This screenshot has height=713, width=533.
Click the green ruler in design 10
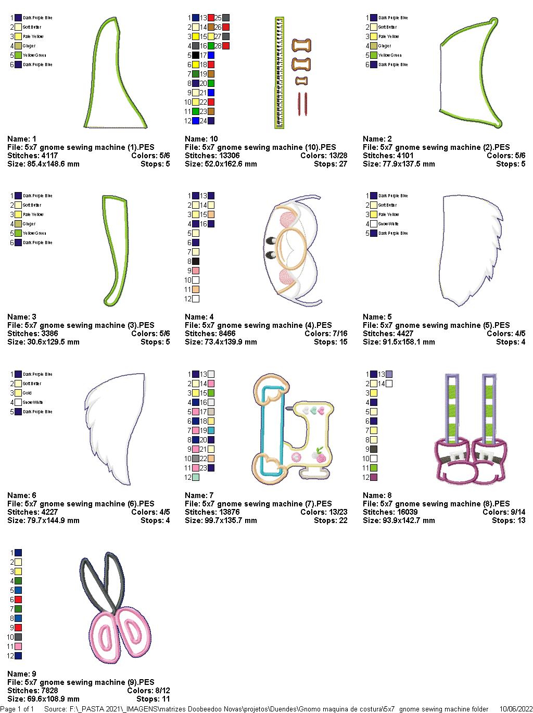pyautogui.click(x=280, y=73)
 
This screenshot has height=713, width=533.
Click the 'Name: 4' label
pyautogui.click(x=199, y=317)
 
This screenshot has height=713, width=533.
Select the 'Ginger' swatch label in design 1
pyautogui.click(x=30, y=46)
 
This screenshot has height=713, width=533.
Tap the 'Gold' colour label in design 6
pyautogui.click(x=28, y=393)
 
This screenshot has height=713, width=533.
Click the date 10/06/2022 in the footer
pyautogui.click(x=516, y=709)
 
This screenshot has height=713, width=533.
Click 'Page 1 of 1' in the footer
pyautogui.click(x=17, y=709)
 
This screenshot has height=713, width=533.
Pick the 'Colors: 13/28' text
pyautogui.click(x=324, y=156)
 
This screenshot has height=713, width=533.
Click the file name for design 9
pyautogui.click(x=81, y=682)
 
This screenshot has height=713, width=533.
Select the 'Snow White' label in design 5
pyautogui.click(x=388, y=224)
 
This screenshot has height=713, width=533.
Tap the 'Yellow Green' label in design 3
pyautogui.click(x=34, y=233)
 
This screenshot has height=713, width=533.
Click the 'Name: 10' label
pyautogui.click(x=201, y=139)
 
